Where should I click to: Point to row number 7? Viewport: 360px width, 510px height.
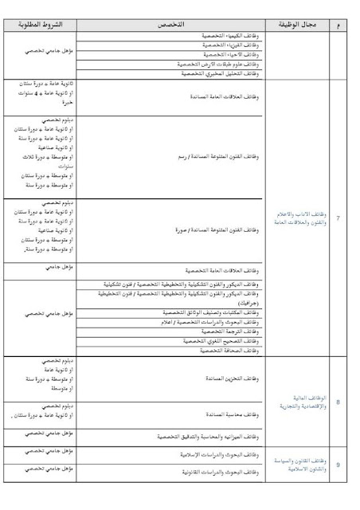338,216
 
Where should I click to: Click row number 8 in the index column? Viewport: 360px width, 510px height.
338,403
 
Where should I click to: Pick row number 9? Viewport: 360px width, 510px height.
338,465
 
